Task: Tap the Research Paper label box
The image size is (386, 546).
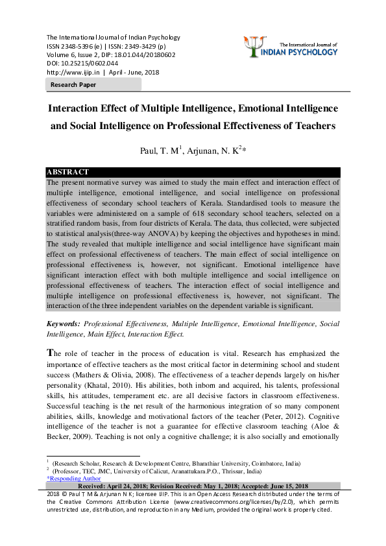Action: pos(73,85)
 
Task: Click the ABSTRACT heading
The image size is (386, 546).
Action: pos(68,172)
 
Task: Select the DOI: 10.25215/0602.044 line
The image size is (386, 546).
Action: pos(82,64)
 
